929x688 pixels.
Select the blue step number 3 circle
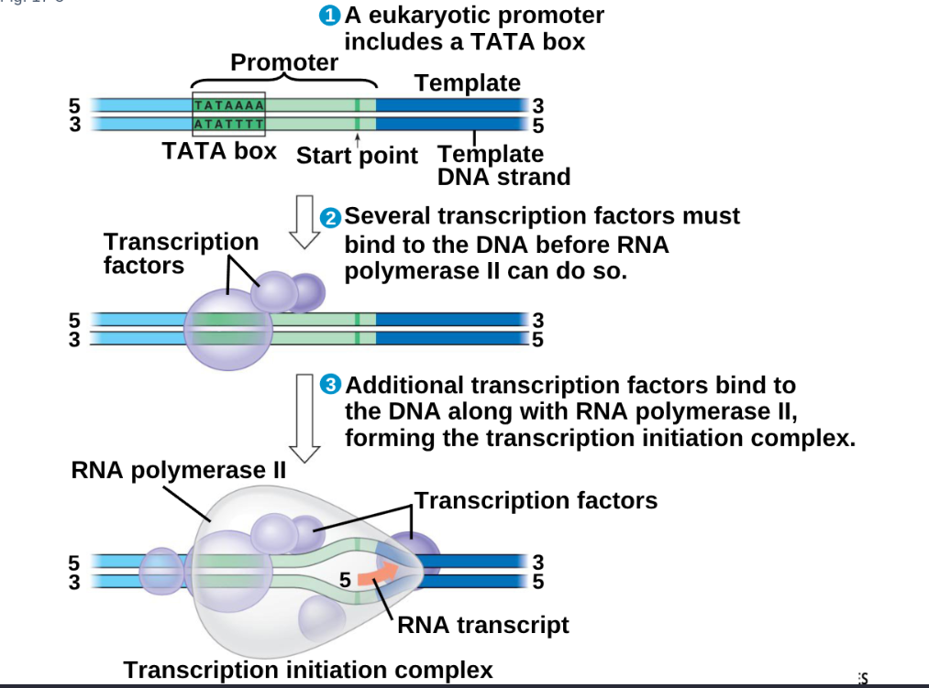coord(331,385)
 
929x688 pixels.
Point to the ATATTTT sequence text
coord(228,124)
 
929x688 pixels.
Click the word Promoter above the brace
coord(284,62)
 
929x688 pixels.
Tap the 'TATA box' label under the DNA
coord(219,150)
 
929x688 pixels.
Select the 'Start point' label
coord(357,155)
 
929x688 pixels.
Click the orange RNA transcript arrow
coord(377,574)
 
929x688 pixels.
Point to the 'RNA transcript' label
coord(483,625)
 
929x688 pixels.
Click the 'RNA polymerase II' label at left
coord(179,471)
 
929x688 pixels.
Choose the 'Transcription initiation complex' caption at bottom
coord(308,670)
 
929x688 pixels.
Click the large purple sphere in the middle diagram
coord(227,328)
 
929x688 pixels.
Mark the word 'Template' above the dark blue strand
coord(467,82)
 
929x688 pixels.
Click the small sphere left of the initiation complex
coord(162,569)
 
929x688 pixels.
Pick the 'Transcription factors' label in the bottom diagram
coord(536,500)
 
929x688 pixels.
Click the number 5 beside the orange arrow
coord(345,579)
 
